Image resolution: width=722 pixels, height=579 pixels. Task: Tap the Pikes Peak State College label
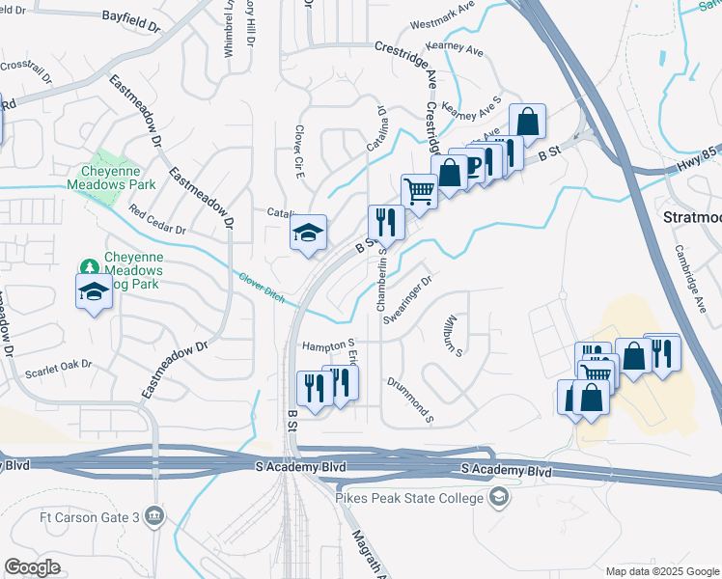(409, 498)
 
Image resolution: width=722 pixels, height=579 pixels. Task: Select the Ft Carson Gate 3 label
(91, 516)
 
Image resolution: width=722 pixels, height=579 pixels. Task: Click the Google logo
(32, 567)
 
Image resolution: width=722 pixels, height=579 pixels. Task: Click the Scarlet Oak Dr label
(58, 367)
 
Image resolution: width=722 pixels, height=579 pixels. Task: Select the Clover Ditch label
(262, 288)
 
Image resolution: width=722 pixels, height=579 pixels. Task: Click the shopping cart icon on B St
(419, 190)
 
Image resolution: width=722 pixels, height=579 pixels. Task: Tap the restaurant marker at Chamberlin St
(386, 223)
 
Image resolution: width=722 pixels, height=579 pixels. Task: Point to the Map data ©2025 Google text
(662, 571)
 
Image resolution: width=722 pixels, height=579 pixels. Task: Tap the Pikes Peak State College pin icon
(499, 498)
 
